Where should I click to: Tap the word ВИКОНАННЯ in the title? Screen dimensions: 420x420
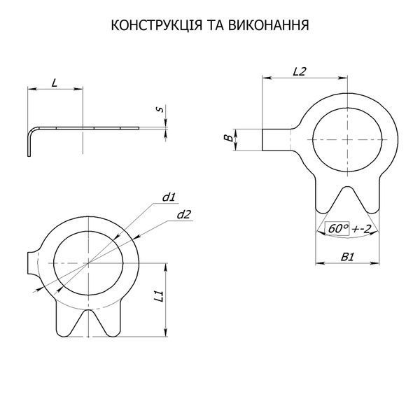coord(269,25)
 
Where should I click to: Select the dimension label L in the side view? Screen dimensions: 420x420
coord(55,83)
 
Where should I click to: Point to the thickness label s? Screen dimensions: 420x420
coord(160,109)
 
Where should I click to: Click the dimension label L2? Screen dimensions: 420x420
coord(299,71)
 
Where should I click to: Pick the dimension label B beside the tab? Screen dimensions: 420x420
coord(228,138)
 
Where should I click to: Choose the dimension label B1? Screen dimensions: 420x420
coord(347,258)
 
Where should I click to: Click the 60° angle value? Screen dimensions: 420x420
coord(337,229)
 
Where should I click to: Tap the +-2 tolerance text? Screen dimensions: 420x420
coord(361,229)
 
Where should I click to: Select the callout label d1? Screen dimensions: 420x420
coord(169,197)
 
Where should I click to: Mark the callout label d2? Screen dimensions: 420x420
coord(184,215)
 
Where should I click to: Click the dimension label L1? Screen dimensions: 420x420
coord(159,295)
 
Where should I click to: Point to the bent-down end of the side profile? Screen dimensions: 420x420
coord(29,145)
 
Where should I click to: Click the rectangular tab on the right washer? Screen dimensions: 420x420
coord(276,140)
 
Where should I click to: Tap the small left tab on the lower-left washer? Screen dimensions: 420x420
coord(32,262)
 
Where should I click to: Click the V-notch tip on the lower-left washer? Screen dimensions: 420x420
coord(88,310)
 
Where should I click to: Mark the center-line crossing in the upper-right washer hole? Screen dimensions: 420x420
coord(347,140)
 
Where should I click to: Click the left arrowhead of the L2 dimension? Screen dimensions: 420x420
coord(266,78)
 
